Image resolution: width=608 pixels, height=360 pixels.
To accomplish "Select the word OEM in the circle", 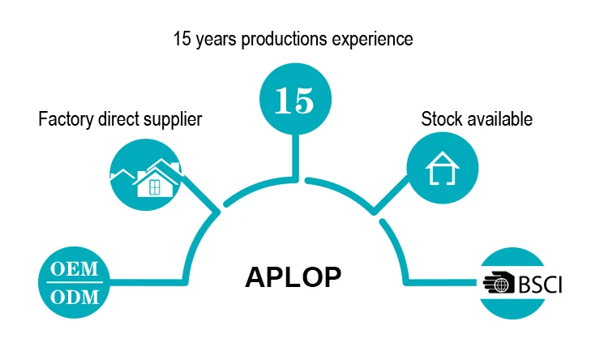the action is pos(75,268).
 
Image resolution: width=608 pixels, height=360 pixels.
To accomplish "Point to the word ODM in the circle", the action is pos(75,297).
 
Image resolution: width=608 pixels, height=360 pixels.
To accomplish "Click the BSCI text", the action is pos(538,285).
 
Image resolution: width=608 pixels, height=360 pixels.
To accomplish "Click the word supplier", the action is pos(173,120).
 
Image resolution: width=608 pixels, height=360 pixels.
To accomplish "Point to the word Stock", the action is pos(439,119).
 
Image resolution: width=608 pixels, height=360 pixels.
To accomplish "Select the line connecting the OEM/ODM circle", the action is pos(146,281).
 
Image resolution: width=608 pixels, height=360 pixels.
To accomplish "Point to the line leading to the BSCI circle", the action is pos(442,283).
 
